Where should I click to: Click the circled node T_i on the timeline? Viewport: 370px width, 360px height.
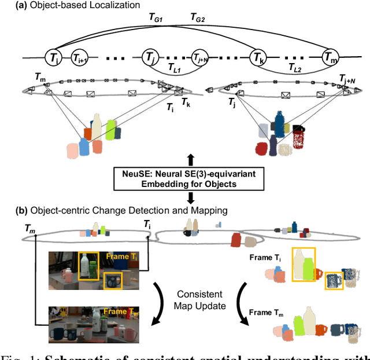point(53,57)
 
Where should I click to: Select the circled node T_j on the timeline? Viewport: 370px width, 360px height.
point(150,57)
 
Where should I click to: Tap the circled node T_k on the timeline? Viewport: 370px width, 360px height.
point(258,57)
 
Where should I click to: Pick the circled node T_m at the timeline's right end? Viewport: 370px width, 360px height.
point(331,57)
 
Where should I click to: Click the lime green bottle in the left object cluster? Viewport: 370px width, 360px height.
point(110,130)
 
